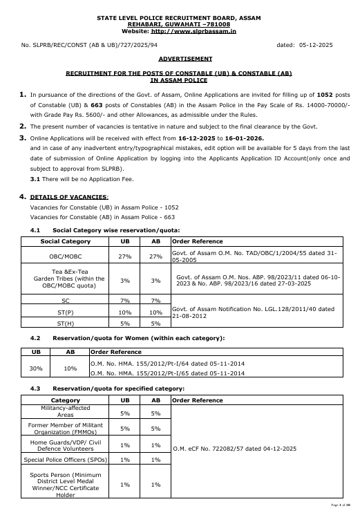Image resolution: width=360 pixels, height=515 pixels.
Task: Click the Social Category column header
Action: [66, 241]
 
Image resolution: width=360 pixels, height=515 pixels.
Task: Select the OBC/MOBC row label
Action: [66, 256]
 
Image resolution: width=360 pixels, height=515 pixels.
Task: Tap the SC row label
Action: [66, 301]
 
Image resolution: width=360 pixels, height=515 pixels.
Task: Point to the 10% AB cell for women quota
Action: [70, 368]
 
